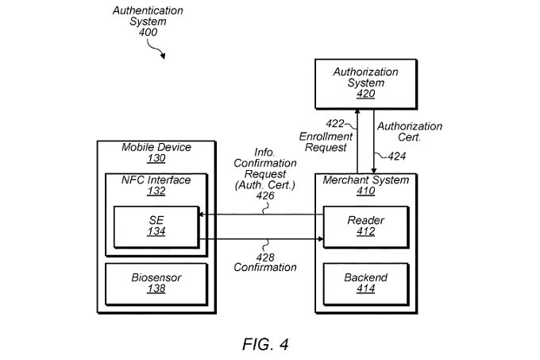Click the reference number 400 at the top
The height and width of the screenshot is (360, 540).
[148, 33]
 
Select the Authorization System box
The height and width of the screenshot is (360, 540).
[364, 83]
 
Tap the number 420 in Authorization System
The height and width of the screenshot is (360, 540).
[364, 94]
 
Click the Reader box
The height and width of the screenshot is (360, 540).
[365, 225]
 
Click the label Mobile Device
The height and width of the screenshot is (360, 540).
[156, 147]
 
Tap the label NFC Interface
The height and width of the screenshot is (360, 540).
[156, 180]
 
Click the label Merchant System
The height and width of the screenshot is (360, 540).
[364, 180]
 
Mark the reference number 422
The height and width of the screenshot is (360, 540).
[336, 124]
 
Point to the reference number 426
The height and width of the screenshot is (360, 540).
[265, 196]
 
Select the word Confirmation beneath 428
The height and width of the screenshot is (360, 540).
[265, 267]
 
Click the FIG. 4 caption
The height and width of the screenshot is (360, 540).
[265, 344]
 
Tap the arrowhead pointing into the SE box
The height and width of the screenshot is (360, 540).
[201, 215]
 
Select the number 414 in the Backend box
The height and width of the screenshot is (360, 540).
[365, 290]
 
